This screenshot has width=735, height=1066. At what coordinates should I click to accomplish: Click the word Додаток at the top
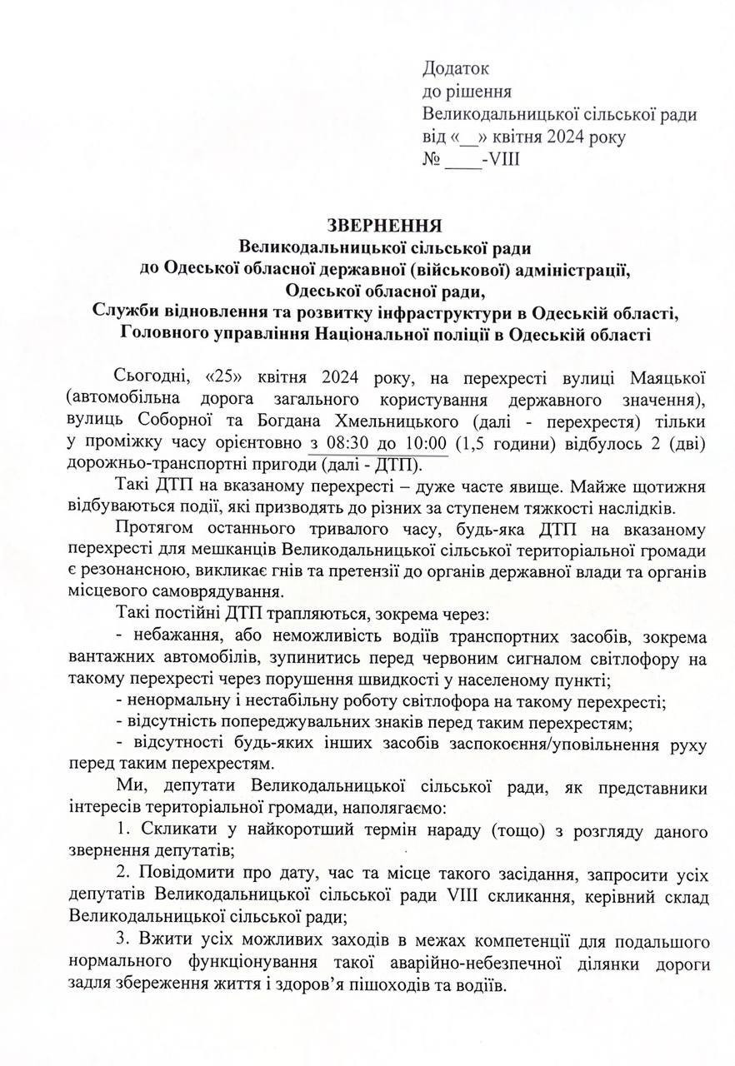456,69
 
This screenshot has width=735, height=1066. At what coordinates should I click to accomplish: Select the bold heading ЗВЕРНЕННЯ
384,225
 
